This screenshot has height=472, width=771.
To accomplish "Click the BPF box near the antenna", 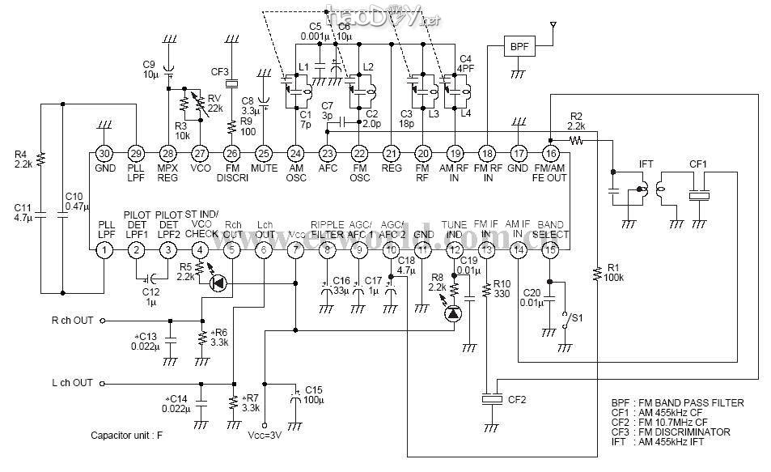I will pos(517,47).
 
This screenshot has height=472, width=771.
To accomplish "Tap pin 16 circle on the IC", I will pos(550,153).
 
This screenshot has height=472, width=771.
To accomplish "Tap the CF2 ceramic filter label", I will pos(516,399).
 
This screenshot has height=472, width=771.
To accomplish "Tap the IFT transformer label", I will pos(646,164).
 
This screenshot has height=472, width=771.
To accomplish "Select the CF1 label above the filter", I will pos(697,164).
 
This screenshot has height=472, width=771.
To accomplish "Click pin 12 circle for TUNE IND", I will pos(454,251).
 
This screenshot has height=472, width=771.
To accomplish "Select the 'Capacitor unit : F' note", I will pos(126,435).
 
